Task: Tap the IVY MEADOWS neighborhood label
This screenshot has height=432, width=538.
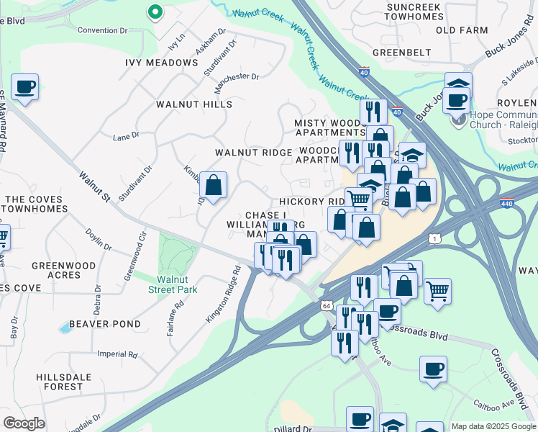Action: point(162,63)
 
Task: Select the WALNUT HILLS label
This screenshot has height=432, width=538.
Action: point(194,104)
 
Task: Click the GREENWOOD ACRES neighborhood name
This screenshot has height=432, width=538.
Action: point(63,271)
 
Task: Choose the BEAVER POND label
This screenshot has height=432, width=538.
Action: point(104,324)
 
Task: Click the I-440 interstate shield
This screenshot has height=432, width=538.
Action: point(506,204)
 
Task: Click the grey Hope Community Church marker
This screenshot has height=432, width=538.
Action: point(458,120)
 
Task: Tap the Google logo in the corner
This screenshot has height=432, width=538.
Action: point(24,423)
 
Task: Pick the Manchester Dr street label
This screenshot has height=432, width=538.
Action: point(240,76)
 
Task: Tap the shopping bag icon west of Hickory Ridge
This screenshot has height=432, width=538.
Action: point(214,185)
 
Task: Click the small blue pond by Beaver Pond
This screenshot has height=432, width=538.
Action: point(65,328)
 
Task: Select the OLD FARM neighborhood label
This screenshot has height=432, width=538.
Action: point(456,30)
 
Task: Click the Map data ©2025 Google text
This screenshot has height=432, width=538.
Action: point(493,426)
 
